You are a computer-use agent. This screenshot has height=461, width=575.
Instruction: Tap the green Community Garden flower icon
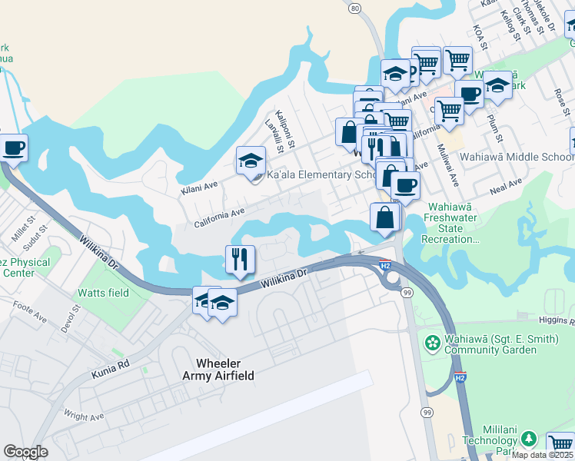(x=433, y=340)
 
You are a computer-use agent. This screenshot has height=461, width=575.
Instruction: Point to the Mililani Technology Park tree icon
(x=528, y=438)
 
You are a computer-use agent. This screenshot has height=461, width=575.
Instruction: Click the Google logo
(x=26, y=452)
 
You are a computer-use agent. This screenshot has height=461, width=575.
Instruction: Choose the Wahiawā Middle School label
(x=517, y=156)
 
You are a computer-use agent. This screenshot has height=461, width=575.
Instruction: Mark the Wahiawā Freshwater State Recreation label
(x=450, y=224)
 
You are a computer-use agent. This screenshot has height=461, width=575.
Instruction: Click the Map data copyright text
(x=543, y=455)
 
